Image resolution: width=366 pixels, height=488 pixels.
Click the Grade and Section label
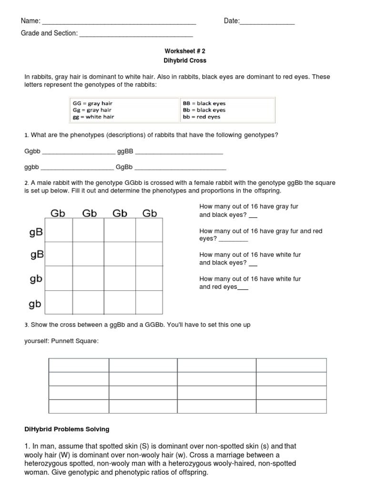49,34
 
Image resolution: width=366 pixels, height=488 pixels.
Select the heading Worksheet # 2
185,51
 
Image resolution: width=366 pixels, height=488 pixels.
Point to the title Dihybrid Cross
185,61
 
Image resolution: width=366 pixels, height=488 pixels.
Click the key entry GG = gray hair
92,103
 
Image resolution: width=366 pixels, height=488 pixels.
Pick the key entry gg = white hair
93,117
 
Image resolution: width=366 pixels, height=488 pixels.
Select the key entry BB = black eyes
204,103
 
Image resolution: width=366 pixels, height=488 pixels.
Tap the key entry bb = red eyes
202,117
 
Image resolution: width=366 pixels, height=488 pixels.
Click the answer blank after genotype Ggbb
79,152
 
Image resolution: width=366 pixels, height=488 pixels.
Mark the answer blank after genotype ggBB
179,152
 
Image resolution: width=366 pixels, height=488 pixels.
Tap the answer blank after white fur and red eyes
243,287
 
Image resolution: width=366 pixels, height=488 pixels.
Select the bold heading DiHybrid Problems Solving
67,429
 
